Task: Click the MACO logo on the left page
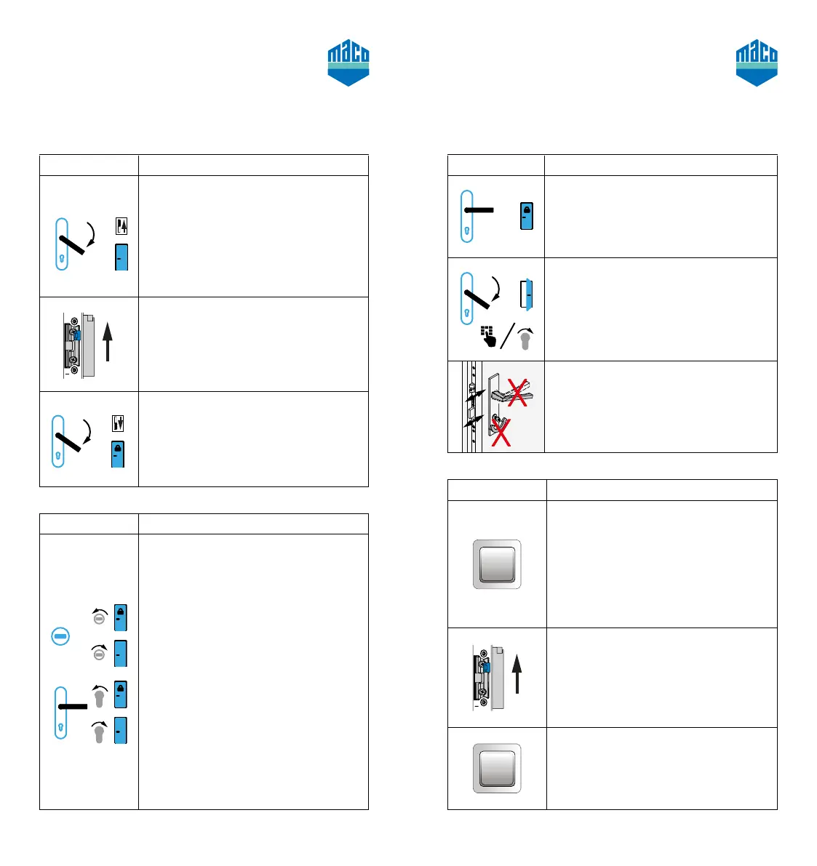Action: pyautogui.click(x=348, y=63)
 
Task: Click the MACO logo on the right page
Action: pyautogui.click(x=757, y=63)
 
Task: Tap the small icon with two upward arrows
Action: pyautogui.click(x=121, y=226)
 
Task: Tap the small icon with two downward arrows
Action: pyautogui.click(x=119, y=422)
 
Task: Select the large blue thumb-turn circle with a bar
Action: pyautogui.click(x=61, y=636)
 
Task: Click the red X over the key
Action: pyautogui.click(x=500, y=430)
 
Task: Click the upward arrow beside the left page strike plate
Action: pyautogui.click(x=108, y=342)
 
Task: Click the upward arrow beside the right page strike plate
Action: pyautogui.click(x=517, y=673)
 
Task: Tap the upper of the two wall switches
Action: pyautogui.click(x=497, y=564)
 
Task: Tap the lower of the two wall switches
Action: pyautogui.click(x=497, y=768)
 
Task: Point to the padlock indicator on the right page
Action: pyautogui.click(x=527, y=216)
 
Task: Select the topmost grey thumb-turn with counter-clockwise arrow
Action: pyautogui.click(x=100, y=617)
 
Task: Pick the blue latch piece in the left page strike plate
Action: pyautogui.click(x=76, y=334)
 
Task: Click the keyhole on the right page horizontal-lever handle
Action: pyautogui.click(x=467, y=233)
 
